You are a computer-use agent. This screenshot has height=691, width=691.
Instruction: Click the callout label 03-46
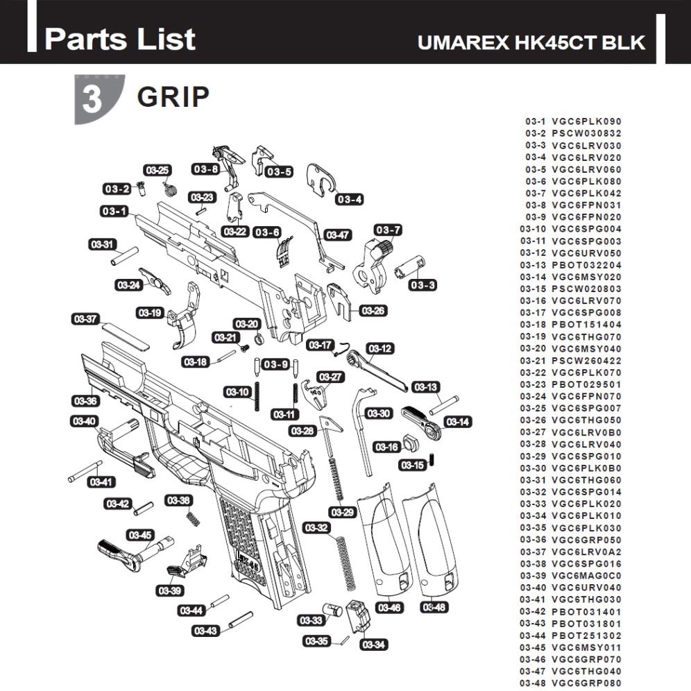pyautogui.click(x=389, y=608)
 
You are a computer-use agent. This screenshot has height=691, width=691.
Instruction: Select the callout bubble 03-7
pyautogui.click(x=388, y=230)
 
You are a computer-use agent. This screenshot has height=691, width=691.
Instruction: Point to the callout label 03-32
pyautogui.click(x=316, y=528)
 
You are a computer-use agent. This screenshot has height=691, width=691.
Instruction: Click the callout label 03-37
pyautogui.click(x=85, y=319)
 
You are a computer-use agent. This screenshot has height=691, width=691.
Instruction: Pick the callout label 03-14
pyautogui.click(x=458, y=421)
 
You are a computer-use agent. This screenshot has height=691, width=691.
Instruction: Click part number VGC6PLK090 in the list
pyautogui.click(x=586, y=121)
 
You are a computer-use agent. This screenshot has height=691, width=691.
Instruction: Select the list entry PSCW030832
pyautogui.click(x=586, y=133)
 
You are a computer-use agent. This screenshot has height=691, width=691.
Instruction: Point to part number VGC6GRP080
pyautogui.click(x=586, y=683)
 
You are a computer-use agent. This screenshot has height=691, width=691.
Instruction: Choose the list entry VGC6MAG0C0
pyautogui.click(x=586, y=575)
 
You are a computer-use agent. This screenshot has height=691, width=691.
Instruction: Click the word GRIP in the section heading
pyautogui.click(x=173, y=97)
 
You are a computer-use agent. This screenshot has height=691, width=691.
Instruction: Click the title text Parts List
pyautogui.click(x=119, y=39)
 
